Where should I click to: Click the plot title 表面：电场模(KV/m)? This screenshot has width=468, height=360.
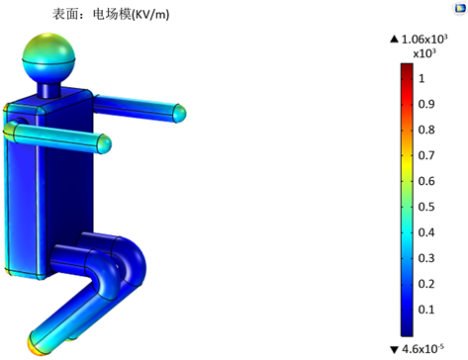point(111,14)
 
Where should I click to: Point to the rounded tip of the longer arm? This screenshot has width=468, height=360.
point(180,113)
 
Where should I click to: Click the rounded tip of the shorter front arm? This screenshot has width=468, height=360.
point(105,143)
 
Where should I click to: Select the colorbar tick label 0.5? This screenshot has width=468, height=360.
point(426,207)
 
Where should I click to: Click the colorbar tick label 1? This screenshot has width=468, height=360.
point(421,78)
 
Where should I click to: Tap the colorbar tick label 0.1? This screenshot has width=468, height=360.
point(426,310)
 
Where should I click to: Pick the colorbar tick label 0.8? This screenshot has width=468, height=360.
point(426,130)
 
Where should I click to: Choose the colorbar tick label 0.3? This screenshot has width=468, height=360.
point(426,258)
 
